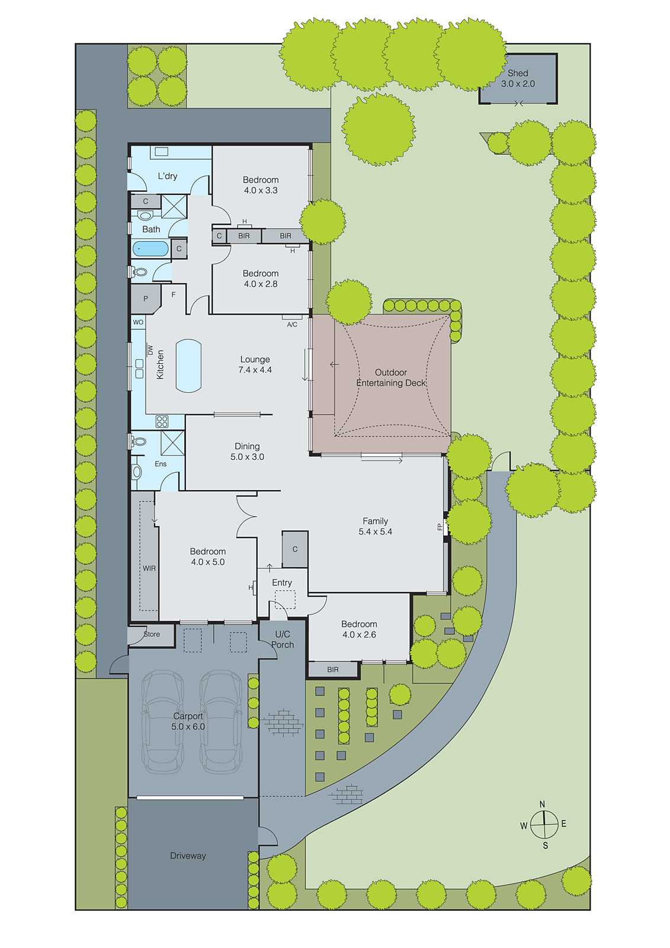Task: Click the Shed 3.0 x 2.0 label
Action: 518,78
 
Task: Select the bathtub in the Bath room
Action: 150,249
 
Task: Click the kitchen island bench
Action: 189,366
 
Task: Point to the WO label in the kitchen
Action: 138,322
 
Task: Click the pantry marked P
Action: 146,299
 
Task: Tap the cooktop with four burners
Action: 162,421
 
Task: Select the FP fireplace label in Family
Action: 440,527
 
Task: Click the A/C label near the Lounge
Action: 292,325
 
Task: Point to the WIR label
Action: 149,568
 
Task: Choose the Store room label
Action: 152,634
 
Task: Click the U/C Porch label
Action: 283,639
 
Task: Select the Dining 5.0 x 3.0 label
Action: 247,451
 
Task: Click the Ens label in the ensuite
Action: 161,464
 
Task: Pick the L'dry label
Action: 168,176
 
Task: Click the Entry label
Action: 282,583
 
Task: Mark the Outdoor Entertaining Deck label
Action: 390,377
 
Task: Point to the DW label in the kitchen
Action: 150,350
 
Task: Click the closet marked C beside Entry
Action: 295,549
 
